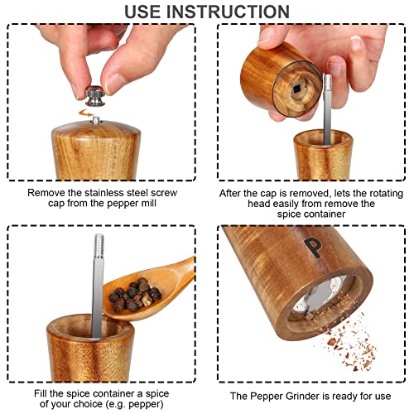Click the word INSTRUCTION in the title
pyautogui.click(x=228, y=12)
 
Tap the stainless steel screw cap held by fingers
pyautogui.click(x=95, y=96)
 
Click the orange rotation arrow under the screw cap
pyautogui.click(x=85, y=113)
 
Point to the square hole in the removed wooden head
pyautogui.click(x=297, y=89)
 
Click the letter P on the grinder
pyautogui.click(x=313, y=248)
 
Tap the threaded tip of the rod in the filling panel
pyautogui.click(x=99, y=245)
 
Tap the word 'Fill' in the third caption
pyautogui.click(x=41, y=393)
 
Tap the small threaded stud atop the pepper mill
pyautogui.click(x=96, y=120)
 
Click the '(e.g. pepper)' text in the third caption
pyautogui.click(x=134, y=404)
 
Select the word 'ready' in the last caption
pyautogui.click(x=345, y=397)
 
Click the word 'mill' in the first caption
pyautogui.click(x=149, y=203)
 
